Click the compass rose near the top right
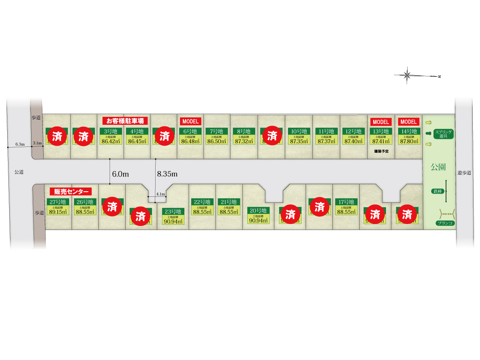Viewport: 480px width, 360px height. pyautogui.click(x=408, y=75)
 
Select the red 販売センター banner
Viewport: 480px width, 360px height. pyautogui.click(x=71, y=191)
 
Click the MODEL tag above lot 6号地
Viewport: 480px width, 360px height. pyautogui.click(x=191, y=121)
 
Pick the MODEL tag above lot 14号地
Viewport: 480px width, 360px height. pyautogui.click(x=408, y=122)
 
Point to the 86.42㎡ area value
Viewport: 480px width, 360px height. pyautogui.click(x=110, y=141)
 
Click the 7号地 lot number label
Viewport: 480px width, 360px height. pyautogui.click(x=216, y=131)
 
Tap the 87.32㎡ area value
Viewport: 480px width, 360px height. pyautogui.click(x=244, y=141)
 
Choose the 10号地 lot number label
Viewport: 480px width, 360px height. pyautogui.click(x=298, y=131)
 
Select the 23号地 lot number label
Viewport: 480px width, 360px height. pyautogui.click(x=173, y=212)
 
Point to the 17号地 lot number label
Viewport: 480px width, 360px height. pyautogui.click(x=346, y=202)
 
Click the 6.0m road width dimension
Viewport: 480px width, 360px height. pyautogui.click(x=120, y=174)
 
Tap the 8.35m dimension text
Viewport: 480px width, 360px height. pyautogui.click(x=167, y=174)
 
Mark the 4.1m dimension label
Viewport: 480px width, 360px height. pyautogui.click(x=160, y=194)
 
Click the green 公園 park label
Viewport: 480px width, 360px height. pyautogui.click(x=438, y=167)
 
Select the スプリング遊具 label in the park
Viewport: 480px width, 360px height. pyautogui.click(x=444, y=134)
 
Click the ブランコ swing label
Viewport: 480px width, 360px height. pyautogui.click(x=446, y=223)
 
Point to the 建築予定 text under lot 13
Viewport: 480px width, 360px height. pyautogui.click(x=381, y=151)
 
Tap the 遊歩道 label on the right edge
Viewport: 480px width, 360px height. pyautogui.click(x=464, y=173)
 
